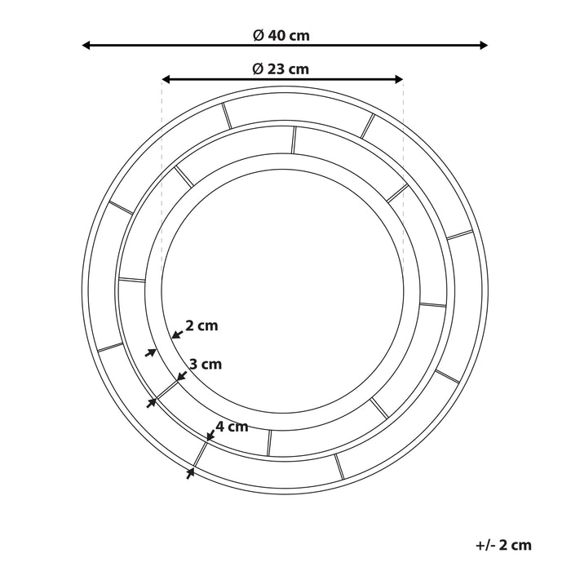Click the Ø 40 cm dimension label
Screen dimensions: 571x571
(x=281, y=35)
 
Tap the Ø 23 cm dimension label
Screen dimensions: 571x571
(x=281, y=69)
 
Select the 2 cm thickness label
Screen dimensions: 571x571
(x=201, y=326)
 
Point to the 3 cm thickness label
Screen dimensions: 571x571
(x=205, y=365)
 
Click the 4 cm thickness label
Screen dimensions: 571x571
(x=232, y=426)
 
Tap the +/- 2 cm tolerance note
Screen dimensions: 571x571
(x=502, y=545)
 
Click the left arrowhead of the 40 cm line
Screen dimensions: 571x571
(x=87, y=46)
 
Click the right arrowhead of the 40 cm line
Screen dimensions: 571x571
(x=483, y=46)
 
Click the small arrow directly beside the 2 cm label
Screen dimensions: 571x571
(x=176, y=333)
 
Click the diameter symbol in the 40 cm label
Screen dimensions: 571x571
(x=258, y=35)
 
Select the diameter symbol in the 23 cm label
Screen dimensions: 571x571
(x=258, y=69)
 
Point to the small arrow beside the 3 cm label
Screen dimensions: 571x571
(x=181, y=375)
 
